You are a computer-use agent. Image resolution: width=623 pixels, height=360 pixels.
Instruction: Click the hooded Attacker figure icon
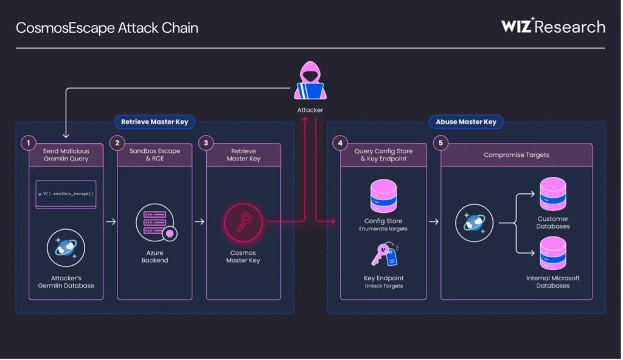[x=310, y=80]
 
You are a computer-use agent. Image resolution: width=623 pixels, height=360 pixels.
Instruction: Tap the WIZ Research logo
[x=553, y=26]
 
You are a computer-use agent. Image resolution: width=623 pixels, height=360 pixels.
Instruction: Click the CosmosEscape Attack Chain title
[x=107, y=28]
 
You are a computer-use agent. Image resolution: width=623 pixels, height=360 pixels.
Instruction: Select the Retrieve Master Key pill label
[x=155, y=122]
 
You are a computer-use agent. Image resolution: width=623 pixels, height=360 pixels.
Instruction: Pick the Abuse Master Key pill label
[x=466, y=122]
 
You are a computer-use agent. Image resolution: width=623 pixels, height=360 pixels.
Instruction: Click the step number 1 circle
[x=28, y=143]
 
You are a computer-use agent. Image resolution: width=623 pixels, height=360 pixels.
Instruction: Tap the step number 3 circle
[x=206, y=143]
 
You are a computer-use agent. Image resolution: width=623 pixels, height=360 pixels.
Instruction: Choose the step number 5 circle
[x=440, y=143]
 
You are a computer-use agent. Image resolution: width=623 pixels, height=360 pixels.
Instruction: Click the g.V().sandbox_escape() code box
[x=66, y=195]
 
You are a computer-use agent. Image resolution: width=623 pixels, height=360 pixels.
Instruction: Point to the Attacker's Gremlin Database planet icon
[x=66, y=248]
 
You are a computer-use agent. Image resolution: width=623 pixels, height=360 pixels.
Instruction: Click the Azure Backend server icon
[x=155, y=223]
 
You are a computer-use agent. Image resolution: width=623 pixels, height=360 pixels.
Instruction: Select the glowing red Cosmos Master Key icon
[x=243, y=223]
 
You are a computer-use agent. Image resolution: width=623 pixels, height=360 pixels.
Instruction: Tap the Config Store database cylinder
[x=383, y=196]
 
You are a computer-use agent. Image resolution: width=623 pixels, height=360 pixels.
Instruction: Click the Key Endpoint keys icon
[x=385, y=255]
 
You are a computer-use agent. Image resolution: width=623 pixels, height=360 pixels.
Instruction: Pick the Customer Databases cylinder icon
[x=553, y=194]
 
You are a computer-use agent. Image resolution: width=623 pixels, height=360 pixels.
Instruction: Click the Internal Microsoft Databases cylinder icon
[x=553, y=254]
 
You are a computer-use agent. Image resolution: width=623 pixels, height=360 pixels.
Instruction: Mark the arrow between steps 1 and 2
[x=111, y=222]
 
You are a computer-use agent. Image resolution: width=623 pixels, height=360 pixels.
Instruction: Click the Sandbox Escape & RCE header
[x=155, y=154]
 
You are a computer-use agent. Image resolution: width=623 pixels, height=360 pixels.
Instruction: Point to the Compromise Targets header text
[x=517, y=155]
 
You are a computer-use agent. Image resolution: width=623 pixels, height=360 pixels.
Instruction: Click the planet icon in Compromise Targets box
[x=475, y=223]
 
